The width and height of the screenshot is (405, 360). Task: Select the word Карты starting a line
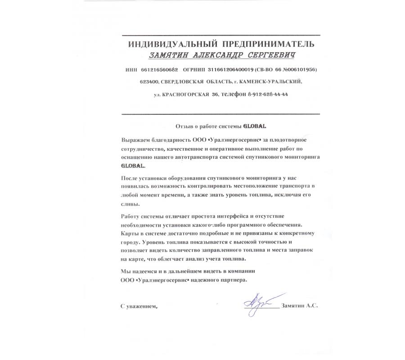point(130,234)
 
